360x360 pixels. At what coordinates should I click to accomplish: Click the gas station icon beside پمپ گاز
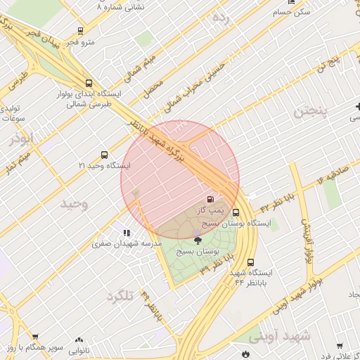[211, 199]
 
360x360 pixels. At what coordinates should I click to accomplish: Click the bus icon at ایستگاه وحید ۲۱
[105, 154]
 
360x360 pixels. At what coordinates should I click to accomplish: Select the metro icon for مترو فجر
[80, 31]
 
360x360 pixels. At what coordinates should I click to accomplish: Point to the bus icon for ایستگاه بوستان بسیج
[235, 212]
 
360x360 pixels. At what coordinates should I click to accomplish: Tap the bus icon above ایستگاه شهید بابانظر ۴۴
[231, 262]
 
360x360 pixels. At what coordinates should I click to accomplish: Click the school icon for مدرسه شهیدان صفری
[126, 233]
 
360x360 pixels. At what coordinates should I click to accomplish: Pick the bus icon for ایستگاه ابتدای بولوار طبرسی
[88, 82]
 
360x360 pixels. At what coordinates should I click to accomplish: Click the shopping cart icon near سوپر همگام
[35, 337]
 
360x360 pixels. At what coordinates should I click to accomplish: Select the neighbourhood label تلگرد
[120, 296]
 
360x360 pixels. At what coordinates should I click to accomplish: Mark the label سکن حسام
[293, 13]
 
